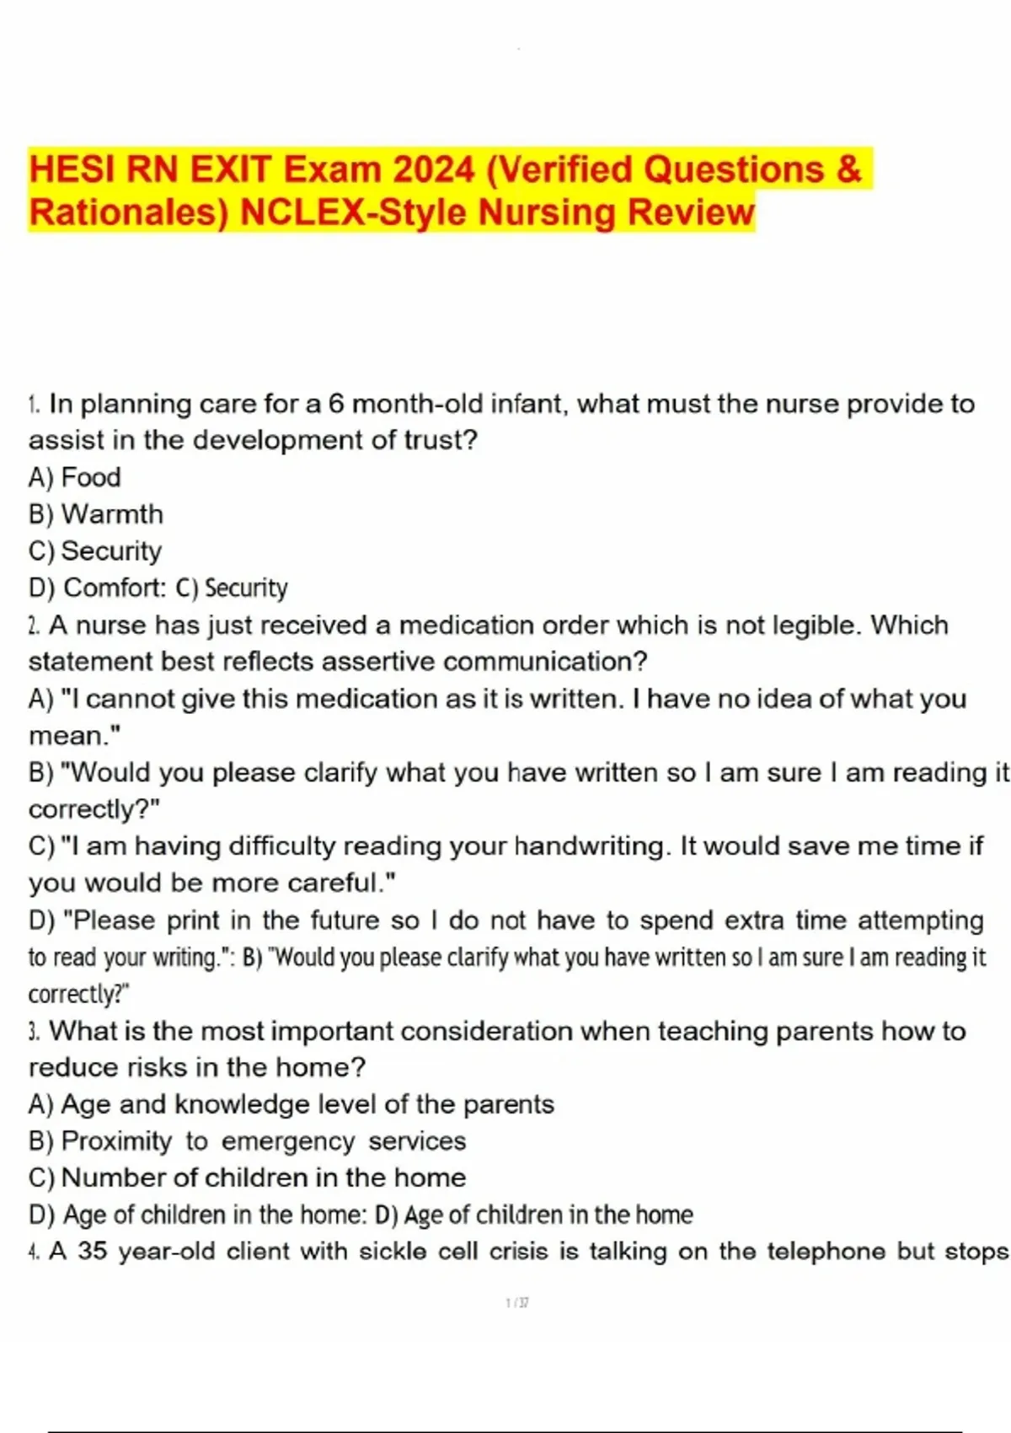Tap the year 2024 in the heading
click(434, 169)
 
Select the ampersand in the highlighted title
click(849, 169)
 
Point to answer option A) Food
click(74, 477)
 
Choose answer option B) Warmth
click(95, 514)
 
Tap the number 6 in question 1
click(336, 405)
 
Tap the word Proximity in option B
click(116, 1141)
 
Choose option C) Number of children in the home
click(247, 1178)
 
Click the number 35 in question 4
click(93, 1252)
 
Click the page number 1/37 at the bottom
click(517, 1303)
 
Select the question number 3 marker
click(34, 1032)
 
